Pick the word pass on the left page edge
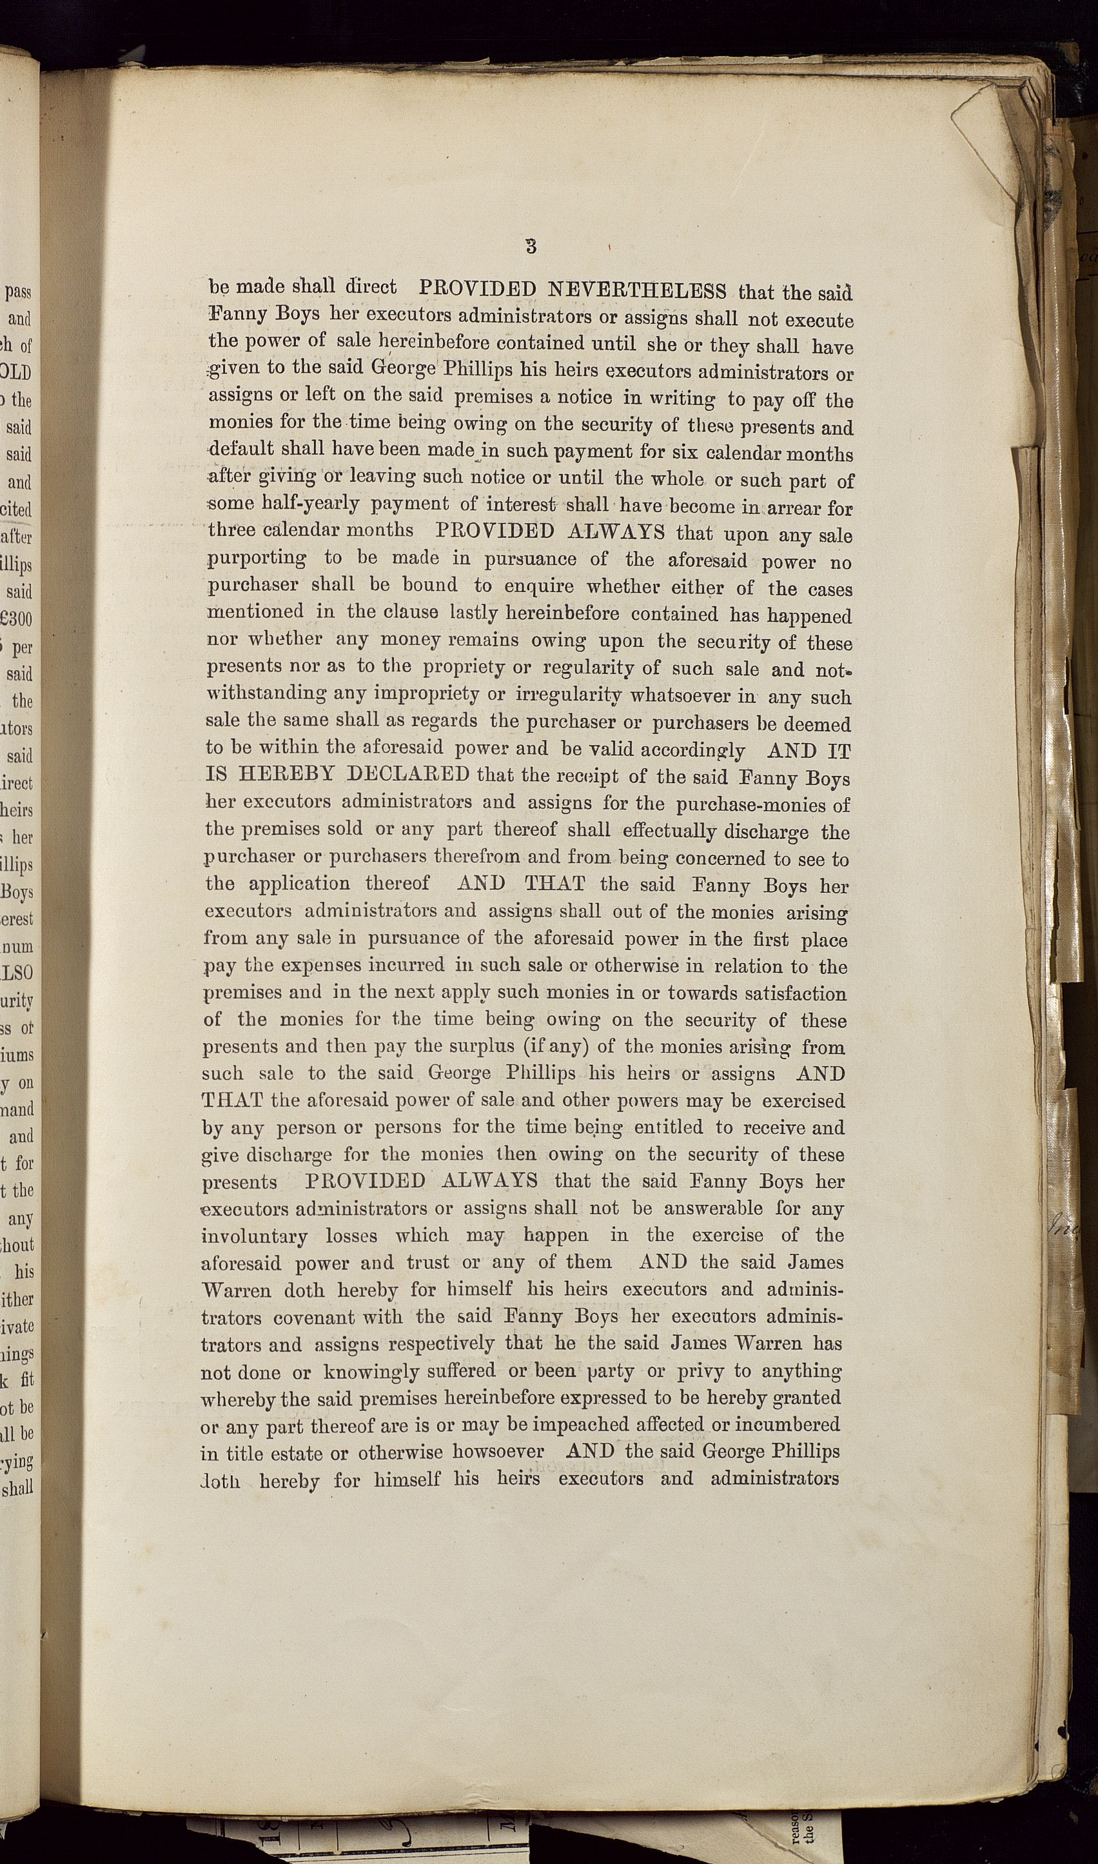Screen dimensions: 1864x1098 (19, 292)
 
